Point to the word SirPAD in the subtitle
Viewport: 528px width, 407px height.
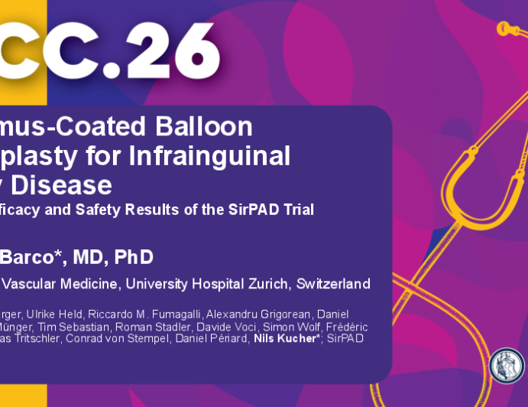pyautogui.click(x=253, y=210)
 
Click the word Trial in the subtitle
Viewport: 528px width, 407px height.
pyautogui.click(x=297, y=210)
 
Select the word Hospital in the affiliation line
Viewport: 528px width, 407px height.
pyautogui.click(x=208, y=285)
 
